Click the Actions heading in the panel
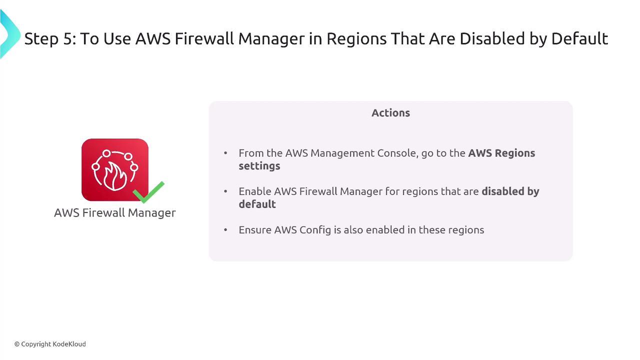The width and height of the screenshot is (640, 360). tap(390, 113)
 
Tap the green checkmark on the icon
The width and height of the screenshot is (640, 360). tap(148, 192)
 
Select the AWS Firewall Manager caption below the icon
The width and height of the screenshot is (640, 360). tap(115, 213)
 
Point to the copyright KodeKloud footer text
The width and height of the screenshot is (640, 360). tap(50, 344)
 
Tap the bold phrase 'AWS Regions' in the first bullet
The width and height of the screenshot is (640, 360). tap(501, 153)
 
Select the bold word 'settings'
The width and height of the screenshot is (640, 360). tap(259, 166)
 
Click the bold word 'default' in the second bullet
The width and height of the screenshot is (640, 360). tap(257, 204)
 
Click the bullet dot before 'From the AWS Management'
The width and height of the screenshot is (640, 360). tap(225, 153)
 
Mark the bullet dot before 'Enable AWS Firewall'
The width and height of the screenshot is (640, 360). tap(225, 191)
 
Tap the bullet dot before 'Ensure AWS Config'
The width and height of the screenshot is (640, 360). tap(225, 229)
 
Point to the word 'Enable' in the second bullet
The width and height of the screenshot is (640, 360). tap(255, 191)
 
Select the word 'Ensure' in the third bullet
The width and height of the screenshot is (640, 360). tap(255, 230)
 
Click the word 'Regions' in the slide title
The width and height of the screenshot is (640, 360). tap(356, 39)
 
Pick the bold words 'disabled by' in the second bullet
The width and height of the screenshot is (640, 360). tap(510, 191)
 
